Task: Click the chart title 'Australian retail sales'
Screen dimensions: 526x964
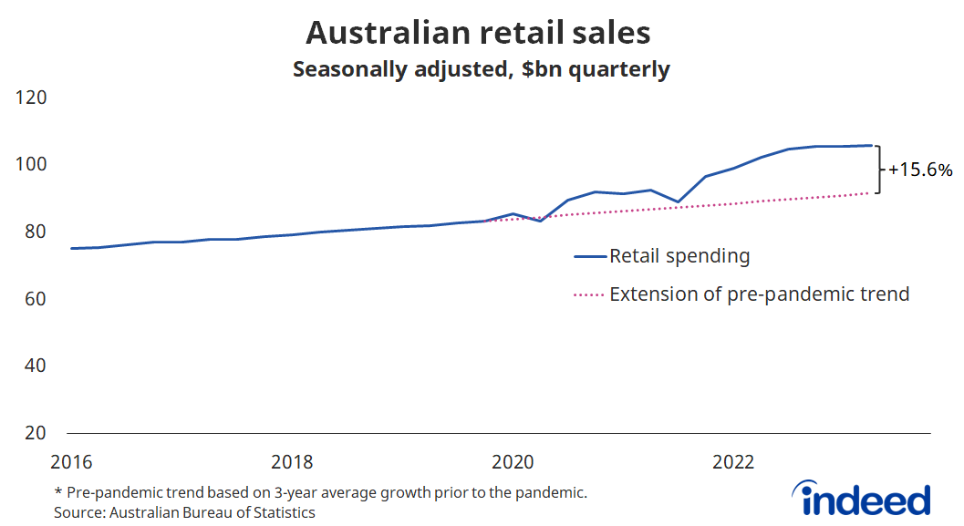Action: click(478, 33)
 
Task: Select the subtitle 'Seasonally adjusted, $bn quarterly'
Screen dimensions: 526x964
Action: click(481, 69)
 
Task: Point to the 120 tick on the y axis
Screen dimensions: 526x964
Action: click(32, 98)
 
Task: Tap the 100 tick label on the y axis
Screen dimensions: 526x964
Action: click(32, 165)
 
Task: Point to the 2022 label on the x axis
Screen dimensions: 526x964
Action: click(732, 462)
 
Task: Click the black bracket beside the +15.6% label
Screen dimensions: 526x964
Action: click(879, 169)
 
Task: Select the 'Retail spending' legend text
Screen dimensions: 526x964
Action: click(679, 256)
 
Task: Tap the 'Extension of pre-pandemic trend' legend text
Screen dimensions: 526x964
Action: click(759, 294)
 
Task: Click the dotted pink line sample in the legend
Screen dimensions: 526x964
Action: click(589, 295)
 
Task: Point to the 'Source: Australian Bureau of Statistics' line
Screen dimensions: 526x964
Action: click(185, 512)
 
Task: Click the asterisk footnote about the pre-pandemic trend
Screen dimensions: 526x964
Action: click(320, 492)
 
